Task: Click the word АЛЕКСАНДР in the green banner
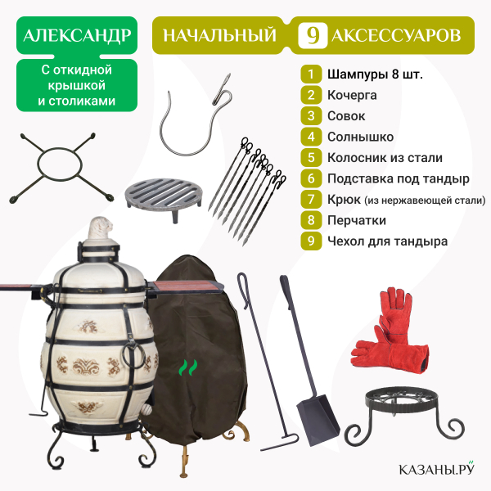[x=77, y=35]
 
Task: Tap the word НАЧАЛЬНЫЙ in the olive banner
[x=219, y=35]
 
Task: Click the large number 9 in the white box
[x=313, y=35]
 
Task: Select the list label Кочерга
[x=352, y=95]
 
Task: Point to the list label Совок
[x=346, y=116]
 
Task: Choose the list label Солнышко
[x=360, y=137]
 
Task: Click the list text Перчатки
[x=357, y=220]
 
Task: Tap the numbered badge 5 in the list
[x=311, y=157]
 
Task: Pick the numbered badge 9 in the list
[x=311, y=241]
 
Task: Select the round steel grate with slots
[x=163, y=196]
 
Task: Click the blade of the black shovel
[x=318, y=421]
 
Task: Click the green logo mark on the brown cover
[x=188, y=367]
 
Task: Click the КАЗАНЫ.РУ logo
[x=436, y=468]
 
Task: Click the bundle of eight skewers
[x=247, y=191]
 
